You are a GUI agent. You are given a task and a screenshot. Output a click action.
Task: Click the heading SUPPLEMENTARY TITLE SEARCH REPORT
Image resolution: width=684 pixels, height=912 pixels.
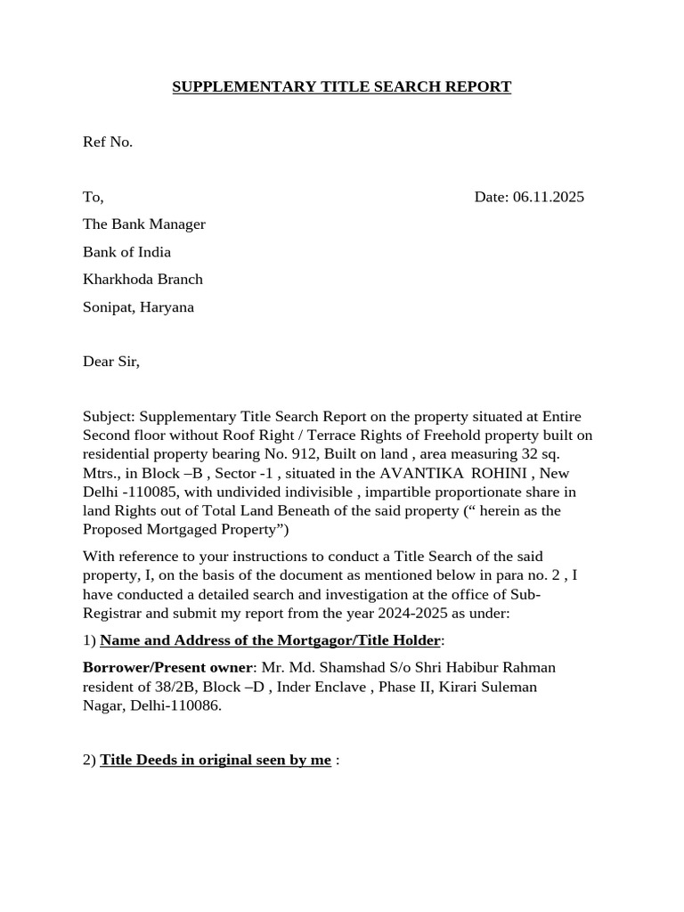click(x=341, y=86)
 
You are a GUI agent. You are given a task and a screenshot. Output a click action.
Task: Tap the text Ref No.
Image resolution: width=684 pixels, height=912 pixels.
click(x=108, y=142)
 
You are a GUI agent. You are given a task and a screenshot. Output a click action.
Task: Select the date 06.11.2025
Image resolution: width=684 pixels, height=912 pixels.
click(x=549, y=197)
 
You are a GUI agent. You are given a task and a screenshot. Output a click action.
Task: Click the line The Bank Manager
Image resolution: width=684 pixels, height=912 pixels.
click(x=144, y=224)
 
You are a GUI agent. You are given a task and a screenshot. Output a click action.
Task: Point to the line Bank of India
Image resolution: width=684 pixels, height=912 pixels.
click(x=126, y=252)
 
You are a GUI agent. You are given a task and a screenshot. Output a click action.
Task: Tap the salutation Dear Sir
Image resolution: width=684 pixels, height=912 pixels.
click(x=111, y=362)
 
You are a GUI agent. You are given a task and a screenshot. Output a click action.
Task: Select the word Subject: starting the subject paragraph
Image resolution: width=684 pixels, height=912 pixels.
click(x=109, y=417)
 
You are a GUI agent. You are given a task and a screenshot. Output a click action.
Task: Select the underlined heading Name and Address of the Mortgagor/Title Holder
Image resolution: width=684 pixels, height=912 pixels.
click(x=270, y=640)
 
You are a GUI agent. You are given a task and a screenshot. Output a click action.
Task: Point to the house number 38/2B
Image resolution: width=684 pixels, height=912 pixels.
click(x=182, y=687)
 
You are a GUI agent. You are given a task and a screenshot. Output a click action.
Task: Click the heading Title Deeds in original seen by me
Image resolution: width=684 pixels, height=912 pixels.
click(x=216, y=760)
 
